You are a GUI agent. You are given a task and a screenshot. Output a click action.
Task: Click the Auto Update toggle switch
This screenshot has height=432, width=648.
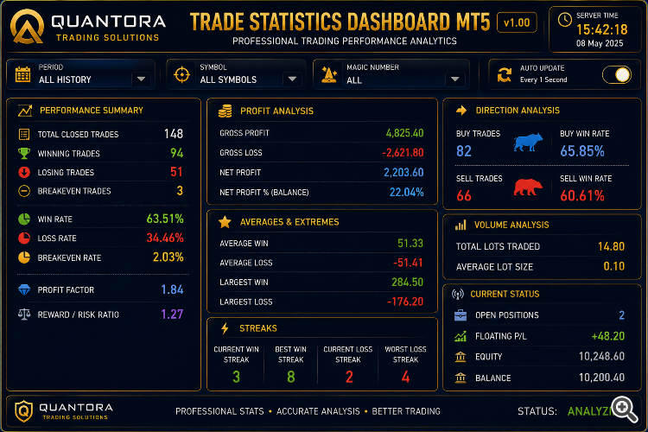point(617,75)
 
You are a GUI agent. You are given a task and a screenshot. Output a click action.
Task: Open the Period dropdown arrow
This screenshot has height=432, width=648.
point(142,79)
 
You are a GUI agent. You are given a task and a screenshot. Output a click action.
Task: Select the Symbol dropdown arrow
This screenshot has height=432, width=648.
point(292,79)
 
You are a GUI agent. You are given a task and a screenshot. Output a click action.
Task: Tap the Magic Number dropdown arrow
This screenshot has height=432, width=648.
point(455,79)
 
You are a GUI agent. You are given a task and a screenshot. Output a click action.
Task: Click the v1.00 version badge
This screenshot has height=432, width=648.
point(517,22)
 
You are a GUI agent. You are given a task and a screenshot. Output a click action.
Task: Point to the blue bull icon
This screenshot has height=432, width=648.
point(528,142)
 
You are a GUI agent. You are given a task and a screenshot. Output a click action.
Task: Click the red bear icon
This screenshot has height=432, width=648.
point(528,187)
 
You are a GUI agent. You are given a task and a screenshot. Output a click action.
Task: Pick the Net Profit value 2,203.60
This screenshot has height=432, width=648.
point(403,173)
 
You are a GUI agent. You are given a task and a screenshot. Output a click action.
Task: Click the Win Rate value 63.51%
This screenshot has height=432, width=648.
point(165,219)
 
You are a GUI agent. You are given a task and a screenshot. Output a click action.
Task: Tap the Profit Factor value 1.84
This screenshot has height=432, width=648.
point(172,289)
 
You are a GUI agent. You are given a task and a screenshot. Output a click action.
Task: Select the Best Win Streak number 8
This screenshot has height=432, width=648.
point(291,377)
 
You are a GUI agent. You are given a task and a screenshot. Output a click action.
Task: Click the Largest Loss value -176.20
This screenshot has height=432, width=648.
point(405,302)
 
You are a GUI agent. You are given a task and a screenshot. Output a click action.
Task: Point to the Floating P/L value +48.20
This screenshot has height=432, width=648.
point(608,336)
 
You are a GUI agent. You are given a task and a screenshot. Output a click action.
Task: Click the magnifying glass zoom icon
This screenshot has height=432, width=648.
point(625,409)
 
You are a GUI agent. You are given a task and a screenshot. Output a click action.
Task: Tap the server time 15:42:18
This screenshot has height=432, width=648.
point(601,29)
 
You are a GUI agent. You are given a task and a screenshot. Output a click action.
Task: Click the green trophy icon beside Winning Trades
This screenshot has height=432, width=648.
point(24,154)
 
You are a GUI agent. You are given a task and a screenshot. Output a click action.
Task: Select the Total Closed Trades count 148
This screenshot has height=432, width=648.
point(174,134)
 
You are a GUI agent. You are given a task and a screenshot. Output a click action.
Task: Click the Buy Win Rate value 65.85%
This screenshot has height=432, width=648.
point(582,151)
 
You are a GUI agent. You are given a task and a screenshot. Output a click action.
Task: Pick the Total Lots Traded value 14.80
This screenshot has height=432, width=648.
point(611,246)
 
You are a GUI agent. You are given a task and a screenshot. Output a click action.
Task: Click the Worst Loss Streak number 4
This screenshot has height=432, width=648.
point(405,377)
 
